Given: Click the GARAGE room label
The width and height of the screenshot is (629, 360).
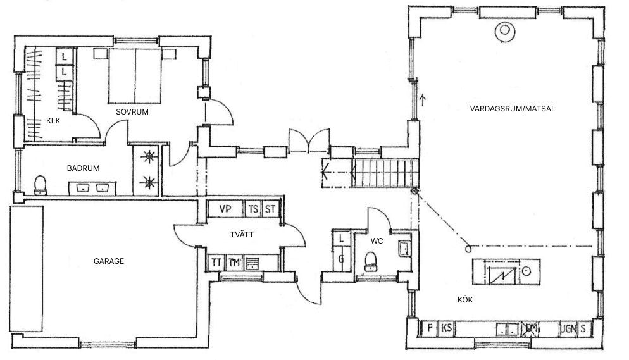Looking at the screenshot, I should pos(109,261).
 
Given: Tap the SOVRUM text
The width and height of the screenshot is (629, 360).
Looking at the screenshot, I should pos(132,112).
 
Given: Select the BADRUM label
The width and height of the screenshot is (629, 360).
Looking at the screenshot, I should pos(83,168).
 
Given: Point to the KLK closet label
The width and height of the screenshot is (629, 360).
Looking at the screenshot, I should pos(53,121).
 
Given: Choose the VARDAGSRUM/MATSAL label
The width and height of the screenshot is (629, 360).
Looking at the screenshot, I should pos(513,109).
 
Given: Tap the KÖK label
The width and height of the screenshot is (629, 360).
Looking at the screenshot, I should pos(465,299).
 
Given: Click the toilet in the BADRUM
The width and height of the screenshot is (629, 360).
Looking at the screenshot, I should pos(40,185).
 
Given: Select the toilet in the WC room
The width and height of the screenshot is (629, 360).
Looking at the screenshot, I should pos(371,260).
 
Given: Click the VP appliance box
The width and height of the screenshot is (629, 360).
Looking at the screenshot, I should pos(225,209).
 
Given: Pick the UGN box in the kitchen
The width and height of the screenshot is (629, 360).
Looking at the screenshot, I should pos(568,329).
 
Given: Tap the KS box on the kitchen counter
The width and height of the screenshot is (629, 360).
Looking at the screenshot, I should pos(447,328).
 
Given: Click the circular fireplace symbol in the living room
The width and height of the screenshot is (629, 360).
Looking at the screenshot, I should pos(505,29).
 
